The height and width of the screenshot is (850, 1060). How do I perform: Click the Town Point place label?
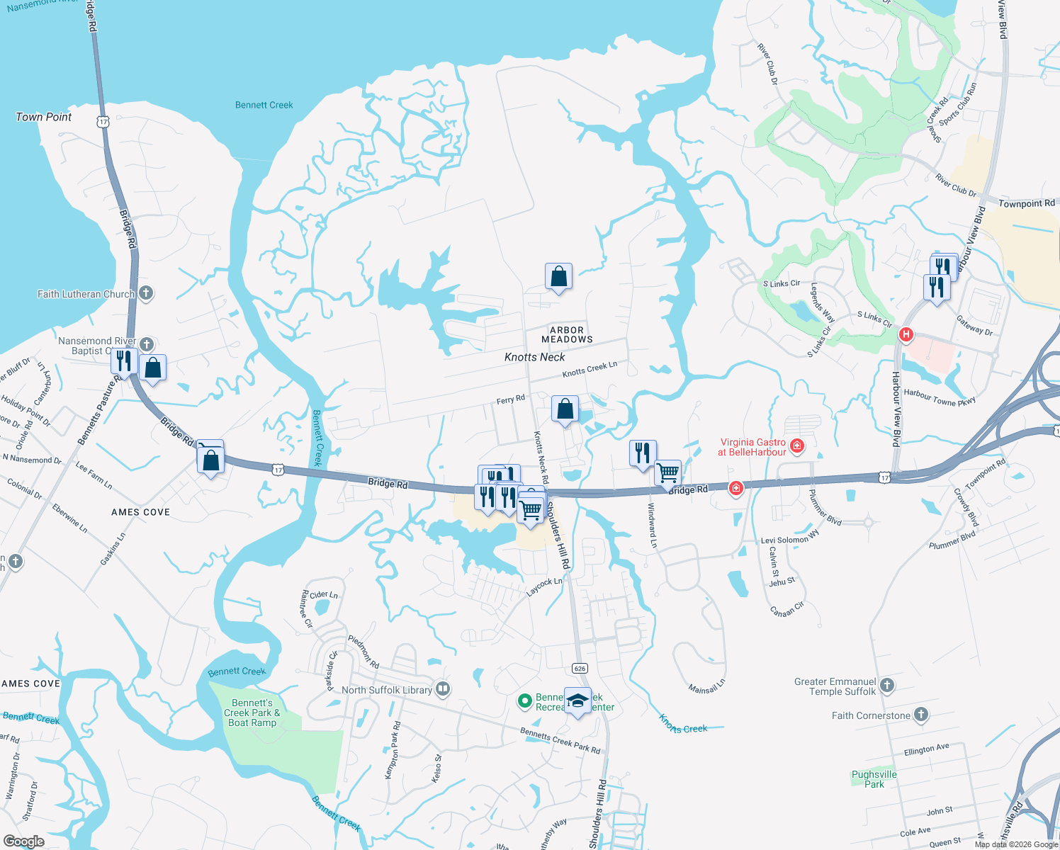point(43,117)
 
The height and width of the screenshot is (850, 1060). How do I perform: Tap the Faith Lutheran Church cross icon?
point(146,293)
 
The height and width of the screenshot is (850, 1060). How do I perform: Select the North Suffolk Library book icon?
point(443,688)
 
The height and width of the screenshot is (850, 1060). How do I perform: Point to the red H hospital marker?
point(906,334)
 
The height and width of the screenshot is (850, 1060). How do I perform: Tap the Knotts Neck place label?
point(534,357)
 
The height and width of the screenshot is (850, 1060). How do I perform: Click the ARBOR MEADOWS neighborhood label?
point(567,335)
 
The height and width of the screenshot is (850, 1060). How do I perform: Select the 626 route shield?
point(580,668)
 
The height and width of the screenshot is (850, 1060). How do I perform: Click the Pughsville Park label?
point(874,779)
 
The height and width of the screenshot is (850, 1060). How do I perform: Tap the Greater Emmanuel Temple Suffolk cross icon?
point(887,685)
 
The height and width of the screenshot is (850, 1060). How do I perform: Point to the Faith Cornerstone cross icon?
point(920,715)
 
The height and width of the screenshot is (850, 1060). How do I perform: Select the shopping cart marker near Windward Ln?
point(667,473)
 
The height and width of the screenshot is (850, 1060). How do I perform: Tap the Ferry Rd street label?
point(510,399)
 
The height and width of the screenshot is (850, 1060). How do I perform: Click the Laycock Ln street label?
point(544,586)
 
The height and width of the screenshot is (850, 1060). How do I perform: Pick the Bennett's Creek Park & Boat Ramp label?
point(252,713)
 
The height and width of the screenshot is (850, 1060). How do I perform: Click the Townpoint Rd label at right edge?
point(1026,203)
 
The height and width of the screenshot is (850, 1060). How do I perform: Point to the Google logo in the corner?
point(23,841)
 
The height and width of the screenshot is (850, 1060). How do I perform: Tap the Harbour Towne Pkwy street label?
point(940,397)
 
